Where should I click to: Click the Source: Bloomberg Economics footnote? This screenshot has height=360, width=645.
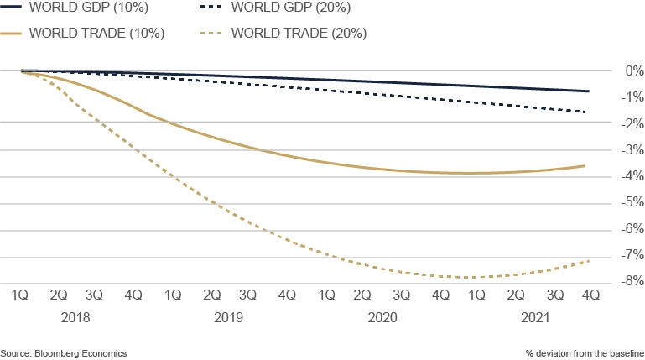64,353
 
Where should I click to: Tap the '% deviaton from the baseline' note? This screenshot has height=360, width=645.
585,353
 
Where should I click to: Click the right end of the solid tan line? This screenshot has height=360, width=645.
585,166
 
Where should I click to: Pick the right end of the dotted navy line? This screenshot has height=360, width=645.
585,112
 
